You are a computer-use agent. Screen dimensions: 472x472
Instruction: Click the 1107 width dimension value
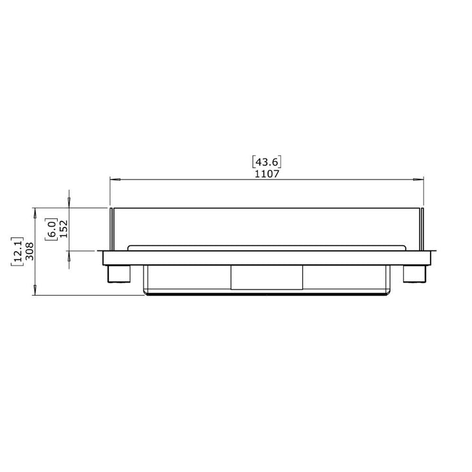tap(266, 174)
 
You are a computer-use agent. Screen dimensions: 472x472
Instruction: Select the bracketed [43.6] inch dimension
tap(266, 162)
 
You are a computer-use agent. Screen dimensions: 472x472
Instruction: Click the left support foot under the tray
tap(119, 273)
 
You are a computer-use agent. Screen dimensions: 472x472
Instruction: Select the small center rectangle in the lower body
tap(266, 277)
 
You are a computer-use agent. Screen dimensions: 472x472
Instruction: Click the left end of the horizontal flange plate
tap(100, 257)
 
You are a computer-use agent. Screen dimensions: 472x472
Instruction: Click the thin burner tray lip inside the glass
tap(266, 246)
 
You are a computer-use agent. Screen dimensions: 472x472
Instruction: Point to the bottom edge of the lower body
tap(266, 294)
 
